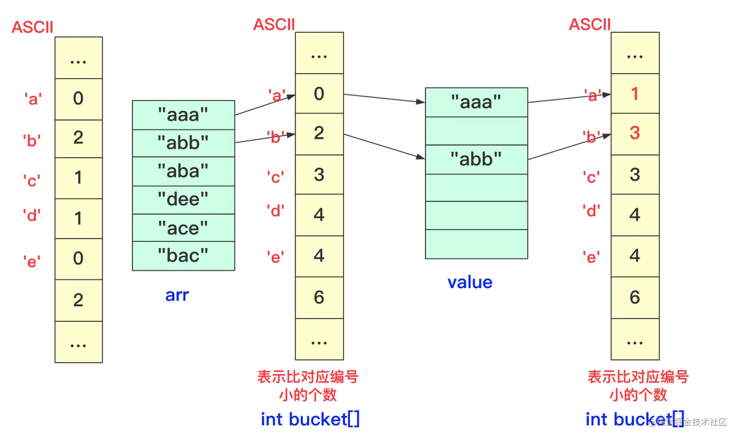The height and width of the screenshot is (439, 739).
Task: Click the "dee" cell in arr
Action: (x=183, y=200)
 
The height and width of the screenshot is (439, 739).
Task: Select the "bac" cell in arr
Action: (x=183, y=256)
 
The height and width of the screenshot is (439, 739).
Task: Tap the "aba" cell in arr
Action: (x=183, y=171)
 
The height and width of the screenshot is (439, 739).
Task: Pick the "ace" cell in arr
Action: (x=183, y=228)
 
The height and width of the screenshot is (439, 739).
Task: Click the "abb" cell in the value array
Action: (x=476, y=159)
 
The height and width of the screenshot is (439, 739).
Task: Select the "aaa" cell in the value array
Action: (x=476, y=102)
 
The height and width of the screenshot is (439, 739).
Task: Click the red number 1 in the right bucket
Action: (x=634, y=94)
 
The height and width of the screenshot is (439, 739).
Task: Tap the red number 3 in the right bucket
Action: (x=634, y=133)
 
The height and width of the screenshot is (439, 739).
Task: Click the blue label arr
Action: (x=177, y=295)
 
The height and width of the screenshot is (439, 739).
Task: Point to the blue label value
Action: (x=470, y=282)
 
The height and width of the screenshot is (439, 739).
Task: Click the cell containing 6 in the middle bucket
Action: (x=319, y=297)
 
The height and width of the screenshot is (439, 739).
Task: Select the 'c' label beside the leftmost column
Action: (x=32, y=181)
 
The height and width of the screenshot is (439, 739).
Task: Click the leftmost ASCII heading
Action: (x=32, y=27)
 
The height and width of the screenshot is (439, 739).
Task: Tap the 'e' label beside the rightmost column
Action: (x=591, y=257)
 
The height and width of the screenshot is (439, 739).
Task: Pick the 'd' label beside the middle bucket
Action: (x=276, y=211)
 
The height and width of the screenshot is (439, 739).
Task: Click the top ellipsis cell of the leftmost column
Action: (x=78, y=58)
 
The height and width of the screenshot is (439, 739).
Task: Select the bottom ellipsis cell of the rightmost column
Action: (x=634, y=340)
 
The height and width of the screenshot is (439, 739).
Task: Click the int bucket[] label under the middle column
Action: (x=310, y=419)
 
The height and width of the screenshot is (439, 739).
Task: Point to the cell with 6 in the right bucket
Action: (x=634, y=297)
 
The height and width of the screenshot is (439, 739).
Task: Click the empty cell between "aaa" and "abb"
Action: (x=476, y=131)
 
